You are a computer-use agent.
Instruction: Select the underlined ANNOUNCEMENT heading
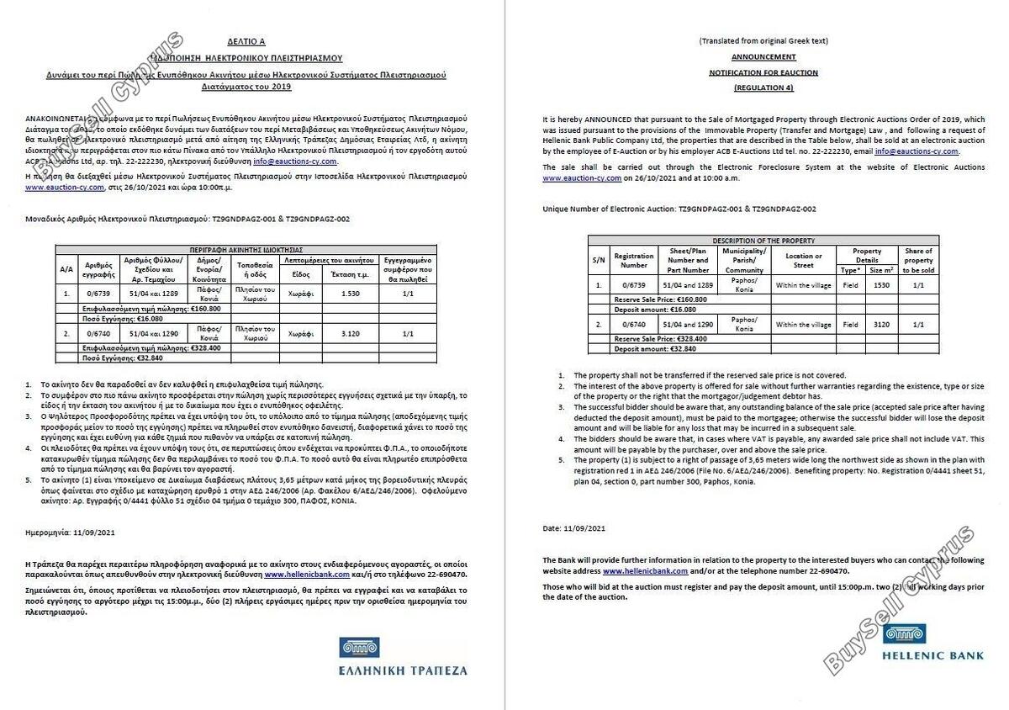(763, 57)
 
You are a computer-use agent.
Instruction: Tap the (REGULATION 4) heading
(763, 88)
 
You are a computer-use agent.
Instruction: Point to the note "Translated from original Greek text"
(763, 40)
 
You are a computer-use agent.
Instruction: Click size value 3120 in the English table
(882, 324)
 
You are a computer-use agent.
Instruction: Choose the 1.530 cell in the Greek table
(351, 294)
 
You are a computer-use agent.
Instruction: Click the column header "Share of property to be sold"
(917, 261)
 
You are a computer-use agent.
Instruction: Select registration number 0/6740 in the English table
(633, 324)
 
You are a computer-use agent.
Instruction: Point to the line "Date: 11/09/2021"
(574, 528)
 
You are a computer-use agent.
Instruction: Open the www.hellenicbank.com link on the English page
(640, 571)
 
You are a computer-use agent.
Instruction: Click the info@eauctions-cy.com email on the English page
(916, 152)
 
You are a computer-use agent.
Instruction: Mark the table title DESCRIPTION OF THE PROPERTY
(763, 241)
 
